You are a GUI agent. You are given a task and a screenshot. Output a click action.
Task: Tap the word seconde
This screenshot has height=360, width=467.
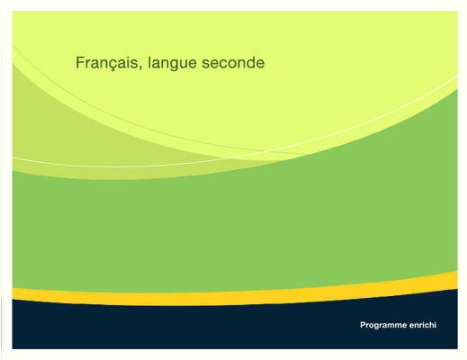233,62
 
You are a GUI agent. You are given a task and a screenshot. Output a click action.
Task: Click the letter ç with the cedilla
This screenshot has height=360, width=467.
113,65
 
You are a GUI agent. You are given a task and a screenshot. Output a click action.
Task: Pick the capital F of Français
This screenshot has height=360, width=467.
80,62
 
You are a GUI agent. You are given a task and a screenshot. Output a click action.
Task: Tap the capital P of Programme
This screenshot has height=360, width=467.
363,325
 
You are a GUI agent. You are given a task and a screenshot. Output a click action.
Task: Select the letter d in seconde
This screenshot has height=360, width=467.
248,62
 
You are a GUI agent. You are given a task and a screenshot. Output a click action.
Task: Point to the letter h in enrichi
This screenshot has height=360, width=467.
431,325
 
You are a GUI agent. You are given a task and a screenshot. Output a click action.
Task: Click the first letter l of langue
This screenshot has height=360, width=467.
149,62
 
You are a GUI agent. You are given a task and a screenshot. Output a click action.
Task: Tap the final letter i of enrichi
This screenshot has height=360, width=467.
436,325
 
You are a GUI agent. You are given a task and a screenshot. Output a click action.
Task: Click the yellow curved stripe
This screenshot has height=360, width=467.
235,297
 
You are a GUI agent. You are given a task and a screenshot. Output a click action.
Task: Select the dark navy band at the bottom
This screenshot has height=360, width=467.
235,326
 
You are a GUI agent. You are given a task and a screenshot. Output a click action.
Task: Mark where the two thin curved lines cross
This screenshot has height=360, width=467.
265,151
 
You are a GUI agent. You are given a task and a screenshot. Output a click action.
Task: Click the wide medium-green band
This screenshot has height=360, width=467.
235,228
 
